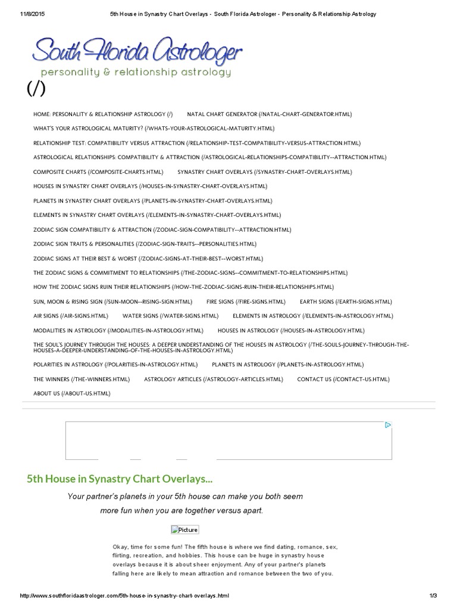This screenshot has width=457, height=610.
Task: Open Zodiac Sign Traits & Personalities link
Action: point(145,244)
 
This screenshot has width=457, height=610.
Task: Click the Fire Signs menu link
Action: point(246,301)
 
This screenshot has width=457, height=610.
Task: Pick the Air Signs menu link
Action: point(71,316)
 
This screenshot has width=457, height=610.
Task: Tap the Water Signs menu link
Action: point(170,316)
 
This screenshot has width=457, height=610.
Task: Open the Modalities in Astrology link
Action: point(118,330)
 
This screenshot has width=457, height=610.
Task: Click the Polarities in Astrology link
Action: point(115,364)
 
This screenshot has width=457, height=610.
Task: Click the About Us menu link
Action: point(72,393)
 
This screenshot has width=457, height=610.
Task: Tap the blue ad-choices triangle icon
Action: point(388,425)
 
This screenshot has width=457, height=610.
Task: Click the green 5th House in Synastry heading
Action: point(120,478)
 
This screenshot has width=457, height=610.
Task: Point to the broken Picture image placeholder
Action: point(185,530)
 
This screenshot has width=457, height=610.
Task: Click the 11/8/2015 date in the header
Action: point(33,14)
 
